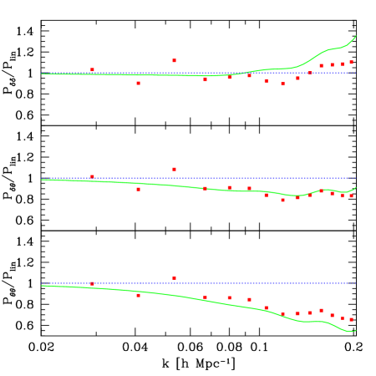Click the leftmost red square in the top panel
click(x=92, y=70)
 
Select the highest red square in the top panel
click(x=174, y=61)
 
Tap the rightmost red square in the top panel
click(x=351, y=63)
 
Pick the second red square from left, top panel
click(x=138, y=83)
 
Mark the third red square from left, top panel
click(x=174, y=61)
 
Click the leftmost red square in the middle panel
click(x=92, y=177)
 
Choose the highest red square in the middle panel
click(x=174, y=170)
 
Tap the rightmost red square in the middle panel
click(x=351, y=196)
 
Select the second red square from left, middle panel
click(x=138, y=189)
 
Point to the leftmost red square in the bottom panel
click(x=92, y=284)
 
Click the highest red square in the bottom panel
click(x=174, y=277)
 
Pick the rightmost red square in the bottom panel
click(x=351, y=319)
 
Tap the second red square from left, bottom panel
click(x=138, y=295)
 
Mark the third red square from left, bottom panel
click(x=174, y=277)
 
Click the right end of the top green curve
click(x=356, y=36)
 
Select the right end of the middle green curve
click(x=356, y=187)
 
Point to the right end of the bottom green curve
click(x=356, y=330)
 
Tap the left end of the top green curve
click(x=42, y=74)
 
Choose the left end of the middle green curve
click(x=42, y=180)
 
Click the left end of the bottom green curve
click(x=42, y=286)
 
